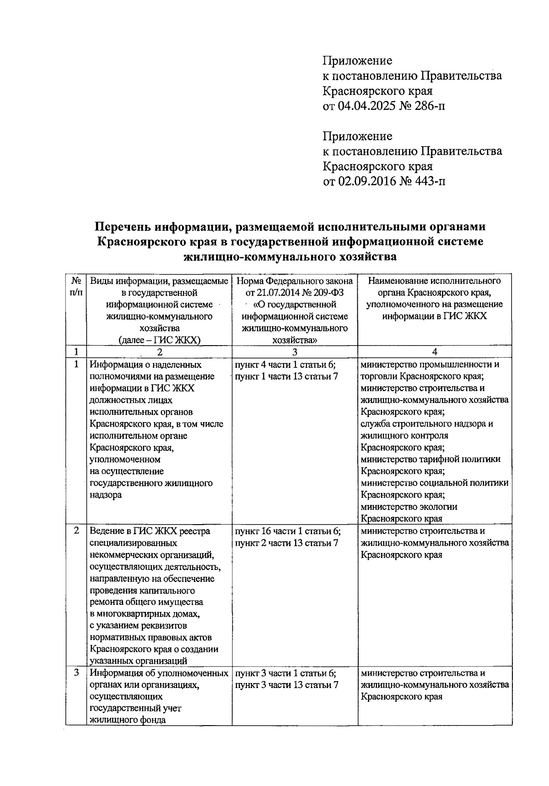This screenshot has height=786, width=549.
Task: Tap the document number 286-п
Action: [427, 106]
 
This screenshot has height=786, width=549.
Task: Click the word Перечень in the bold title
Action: [122, 227]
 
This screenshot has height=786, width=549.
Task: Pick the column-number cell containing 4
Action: [435, 352]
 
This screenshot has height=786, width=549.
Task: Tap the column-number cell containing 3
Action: [295, 352]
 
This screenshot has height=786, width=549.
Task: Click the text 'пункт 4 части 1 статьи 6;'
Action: [286, 365]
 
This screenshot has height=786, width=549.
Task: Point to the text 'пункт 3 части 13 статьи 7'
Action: [287, 685]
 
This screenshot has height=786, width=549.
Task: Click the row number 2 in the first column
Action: [76, 531]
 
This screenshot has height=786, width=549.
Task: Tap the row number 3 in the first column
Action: [76, 673]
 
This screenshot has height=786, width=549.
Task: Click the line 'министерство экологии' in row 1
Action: [409, 507]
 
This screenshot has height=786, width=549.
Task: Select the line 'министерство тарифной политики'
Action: [430, 459]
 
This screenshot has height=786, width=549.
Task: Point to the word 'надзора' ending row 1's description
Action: [106, 495]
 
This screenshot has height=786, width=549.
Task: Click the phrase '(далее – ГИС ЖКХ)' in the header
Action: [159, 340]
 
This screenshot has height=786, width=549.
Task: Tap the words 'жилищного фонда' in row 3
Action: [128, 720]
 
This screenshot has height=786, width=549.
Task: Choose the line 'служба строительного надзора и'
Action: [426, 424]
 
